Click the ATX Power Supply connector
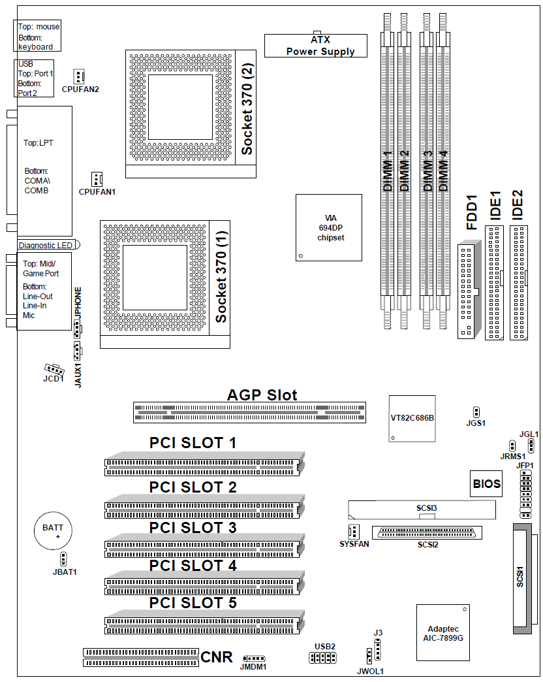316,45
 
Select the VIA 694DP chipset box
329,227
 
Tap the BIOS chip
486,483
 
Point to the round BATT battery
53,530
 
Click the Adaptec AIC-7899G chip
443,633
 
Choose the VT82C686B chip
412,419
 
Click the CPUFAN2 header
79,76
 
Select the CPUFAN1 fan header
97,179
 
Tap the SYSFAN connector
354,532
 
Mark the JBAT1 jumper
63,559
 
